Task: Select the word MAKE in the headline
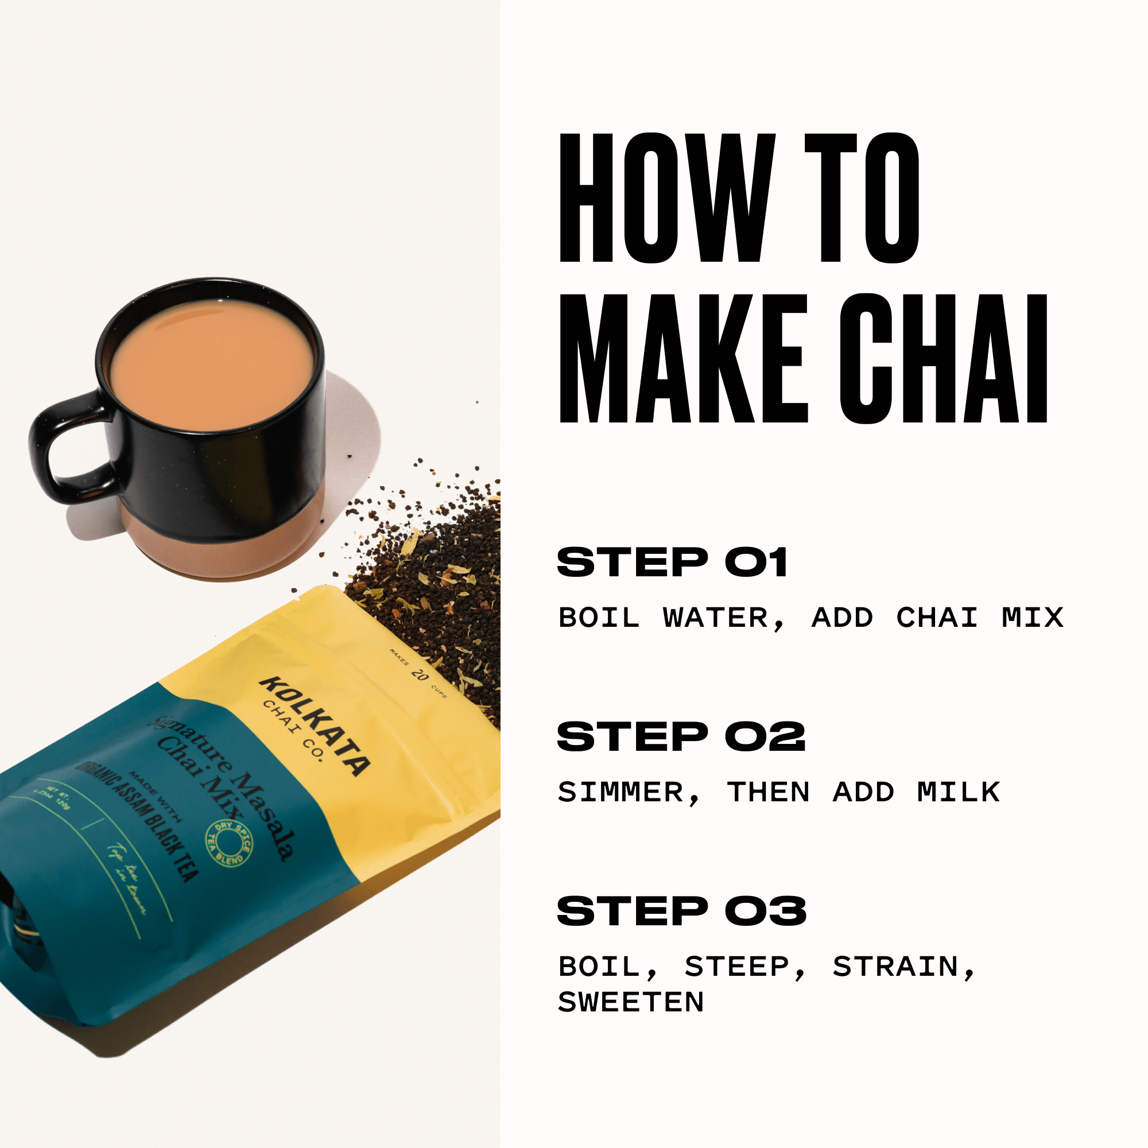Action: [683, 359]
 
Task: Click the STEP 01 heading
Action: [672, 562]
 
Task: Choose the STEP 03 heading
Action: [681, 910]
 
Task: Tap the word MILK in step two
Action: [958, 792]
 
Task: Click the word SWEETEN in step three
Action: [631, 1002]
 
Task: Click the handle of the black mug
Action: [56, 445]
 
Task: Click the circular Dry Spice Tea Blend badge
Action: [229, 844]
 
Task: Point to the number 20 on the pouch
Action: [420, 675]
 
